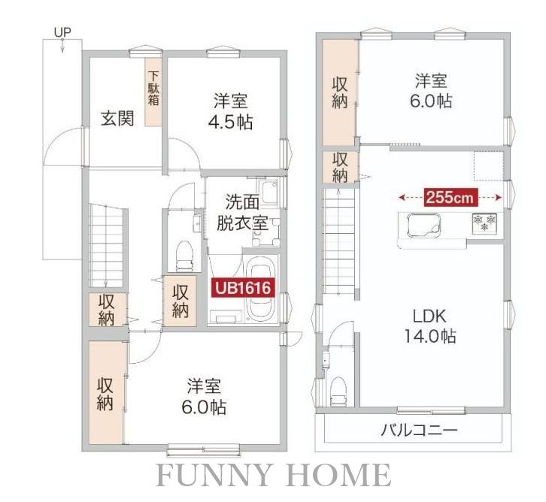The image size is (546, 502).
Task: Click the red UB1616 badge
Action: click(x=241, y=288)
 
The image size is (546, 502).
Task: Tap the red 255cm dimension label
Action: click(x=450, y=198)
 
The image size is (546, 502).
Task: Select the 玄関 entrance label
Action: click(x=118, y=119)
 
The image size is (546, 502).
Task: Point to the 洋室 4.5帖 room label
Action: click(x=231, y=110)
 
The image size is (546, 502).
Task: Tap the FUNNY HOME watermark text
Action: click(x=273, y=476)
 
